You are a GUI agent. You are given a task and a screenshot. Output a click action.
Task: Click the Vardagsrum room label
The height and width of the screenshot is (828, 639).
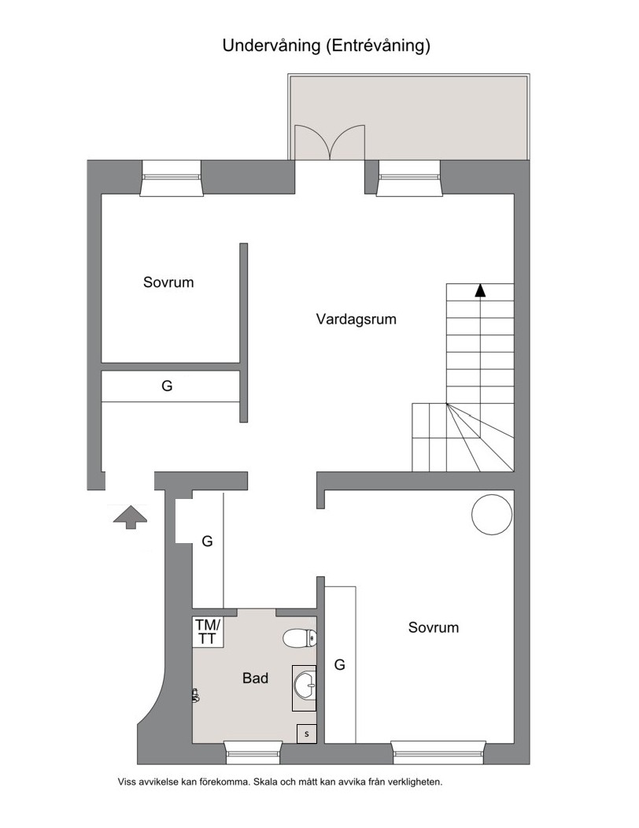(356, 320)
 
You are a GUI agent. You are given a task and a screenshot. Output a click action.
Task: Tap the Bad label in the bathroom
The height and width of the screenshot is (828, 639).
(255, 678)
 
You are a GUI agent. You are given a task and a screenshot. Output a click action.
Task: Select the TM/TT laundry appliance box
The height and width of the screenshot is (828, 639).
(208, 632)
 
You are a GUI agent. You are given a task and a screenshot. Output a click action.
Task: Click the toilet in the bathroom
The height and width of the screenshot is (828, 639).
(299, 638)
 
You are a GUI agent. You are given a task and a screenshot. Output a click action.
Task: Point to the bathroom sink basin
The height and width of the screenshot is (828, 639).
(305, 687)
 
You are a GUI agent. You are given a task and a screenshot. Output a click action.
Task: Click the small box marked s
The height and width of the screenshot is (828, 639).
(307, 734)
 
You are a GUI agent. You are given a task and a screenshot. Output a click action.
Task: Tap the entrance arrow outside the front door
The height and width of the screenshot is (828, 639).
(130, 516)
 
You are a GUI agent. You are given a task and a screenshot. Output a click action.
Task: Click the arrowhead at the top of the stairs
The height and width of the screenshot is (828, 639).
(479, 290)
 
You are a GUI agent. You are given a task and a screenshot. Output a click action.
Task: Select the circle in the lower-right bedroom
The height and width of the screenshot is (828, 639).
(492, 514)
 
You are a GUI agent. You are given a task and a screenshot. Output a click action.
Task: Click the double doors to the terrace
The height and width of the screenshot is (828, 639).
(330, 142)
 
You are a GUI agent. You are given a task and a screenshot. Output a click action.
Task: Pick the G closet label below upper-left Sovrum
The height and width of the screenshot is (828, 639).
(167, 386)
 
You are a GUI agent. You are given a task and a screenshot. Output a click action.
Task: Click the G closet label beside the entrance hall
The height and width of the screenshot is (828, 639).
(207, 542)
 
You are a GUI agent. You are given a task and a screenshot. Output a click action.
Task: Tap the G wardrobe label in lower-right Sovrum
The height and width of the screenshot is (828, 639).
(340, 665)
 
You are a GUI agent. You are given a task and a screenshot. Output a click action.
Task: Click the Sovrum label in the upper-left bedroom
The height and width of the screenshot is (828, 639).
(168, 282)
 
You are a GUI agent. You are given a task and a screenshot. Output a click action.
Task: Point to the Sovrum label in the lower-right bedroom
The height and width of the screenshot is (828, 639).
(434, 627)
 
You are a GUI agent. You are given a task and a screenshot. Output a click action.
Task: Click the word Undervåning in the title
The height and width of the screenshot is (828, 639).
(271, 46)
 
